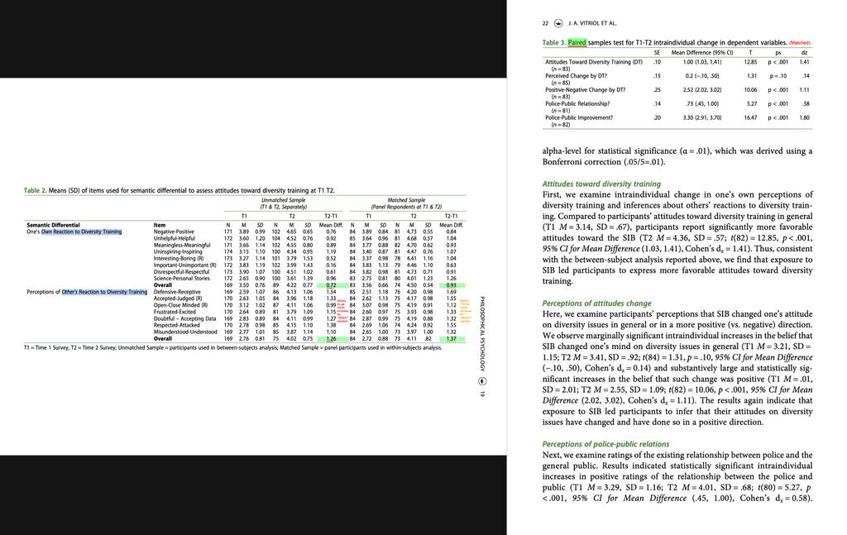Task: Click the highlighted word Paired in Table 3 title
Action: pyautogui.click(x=576, y=42)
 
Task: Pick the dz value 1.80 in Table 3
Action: pyautogui.click(x=803, y=118)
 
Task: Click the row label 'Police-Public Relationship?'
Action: pyautogui.click(x=577, y=104)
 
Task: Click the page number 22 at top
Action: pyautogui.click(x=545, y=24)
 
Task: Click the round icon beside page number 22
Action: pyautogui.click(x=558, y=24)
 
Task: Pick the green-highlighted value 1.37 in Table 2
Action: pyautogui.click(x=451, y=338)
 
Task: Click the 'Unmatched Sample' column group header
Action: pyautogui.click(x=284, y=200)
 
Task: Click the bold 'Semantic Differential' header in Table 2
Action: pyautogui.click(x=53, y=224)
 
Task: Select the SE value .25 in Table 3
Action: pyautogui.click(x=657, y=90)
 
